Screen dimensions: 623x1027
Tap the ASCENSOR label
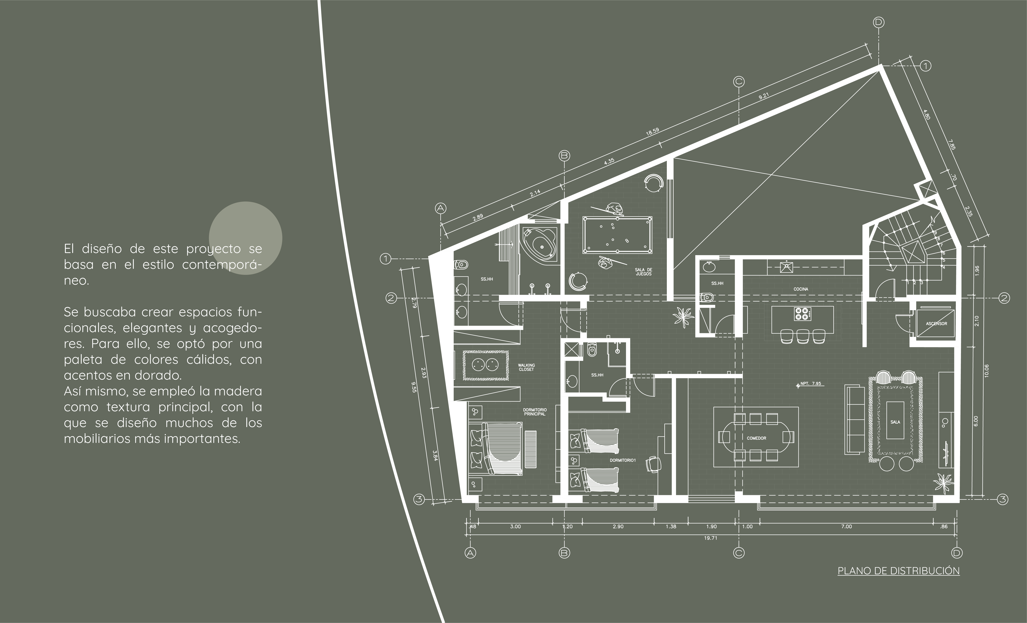tap(936, 324)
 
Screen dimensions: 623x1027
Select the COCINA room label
tap(801, 289)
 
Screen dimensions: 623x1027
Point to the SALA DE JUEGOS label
tap(643, 272)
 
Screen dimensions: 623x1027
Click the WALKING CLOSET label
tap(526, 367)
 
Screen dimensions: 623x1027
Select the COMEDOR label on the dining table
tap(756, 438)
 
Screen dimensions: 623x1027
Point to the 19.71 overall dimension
tap(711, 538)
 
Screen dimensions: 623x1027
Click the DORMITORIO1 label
tap(622, 460)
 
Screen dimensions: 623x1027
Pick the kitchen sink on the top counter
tap(787, 267)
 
